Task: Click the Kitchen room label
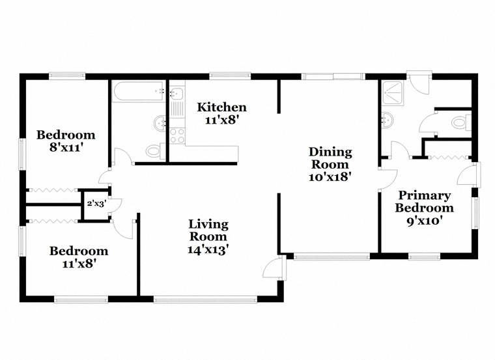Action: [221, 107]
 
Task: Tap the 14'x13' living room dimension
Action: [208, 249]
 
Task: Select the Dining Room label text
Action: [330, 158]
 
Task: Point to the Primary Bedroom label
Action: [424, 202]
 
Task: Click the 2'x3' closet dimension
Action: [96, 204]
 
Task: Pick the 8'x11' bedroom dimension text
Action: [66, 147]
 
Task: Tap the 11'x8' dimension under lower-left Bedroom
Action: [79, 264]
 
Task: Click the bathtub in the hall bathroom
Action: [139, 92]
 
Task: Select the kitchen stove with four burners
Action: [177, 135]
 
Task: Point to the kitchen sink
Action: [177, 93]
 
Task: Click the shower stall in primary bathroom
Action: [392, 93]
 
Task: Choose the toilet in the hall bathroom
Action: [155, 151]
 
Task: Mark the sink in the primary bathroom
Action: [388, 120]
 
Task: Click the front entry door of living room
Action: [274, 268]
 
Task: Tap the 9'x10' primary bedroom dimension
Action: [424, 220]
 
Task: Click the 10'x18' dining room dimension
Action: [330, 176]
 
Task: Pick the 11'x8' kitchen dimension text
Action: [221, 120]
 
